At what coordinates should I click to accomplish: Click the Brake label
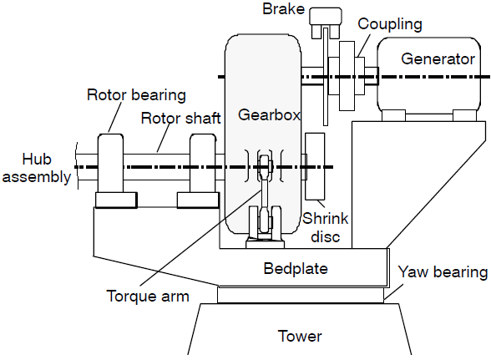click(283, 9)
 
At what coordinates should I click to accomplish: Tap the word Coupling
click(390, 24)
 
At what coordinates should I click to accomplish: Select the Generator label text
click(438, 59)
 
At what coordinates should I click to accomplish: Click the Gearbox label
click(269, 115)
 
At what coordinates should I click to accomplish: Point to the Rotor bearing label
click(136, 95)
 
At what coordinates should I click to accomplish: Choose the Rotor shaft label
click(180, 118)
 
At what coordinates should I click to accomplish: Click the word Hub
click(37, 160)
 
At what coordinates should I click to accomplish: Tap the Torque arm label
click(148, 296)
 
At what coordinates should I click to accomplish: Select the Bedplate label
click(296, 268)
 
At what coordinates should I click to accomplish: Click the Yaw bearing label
click(443, 272)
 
